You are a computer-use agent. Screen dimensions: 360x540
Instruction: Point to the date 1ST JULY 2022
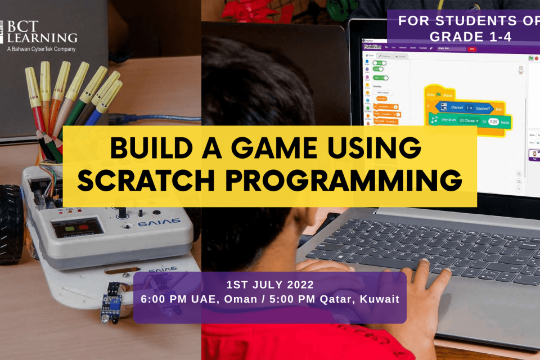point(269,284)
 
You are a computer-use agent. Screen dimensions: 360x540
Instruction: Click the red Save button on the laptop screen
point(472,49)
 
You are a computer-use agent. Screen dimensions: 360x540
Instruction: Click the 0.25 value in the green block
point(493,121)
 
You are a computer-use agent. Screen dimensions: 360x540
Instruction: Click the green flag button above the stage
point(530,58)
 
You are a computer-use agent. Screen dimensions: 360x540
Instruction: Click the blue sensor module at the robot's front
point(111,304)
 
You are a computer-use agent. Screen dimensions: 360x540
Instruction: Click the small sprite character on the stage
point(520,70)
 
